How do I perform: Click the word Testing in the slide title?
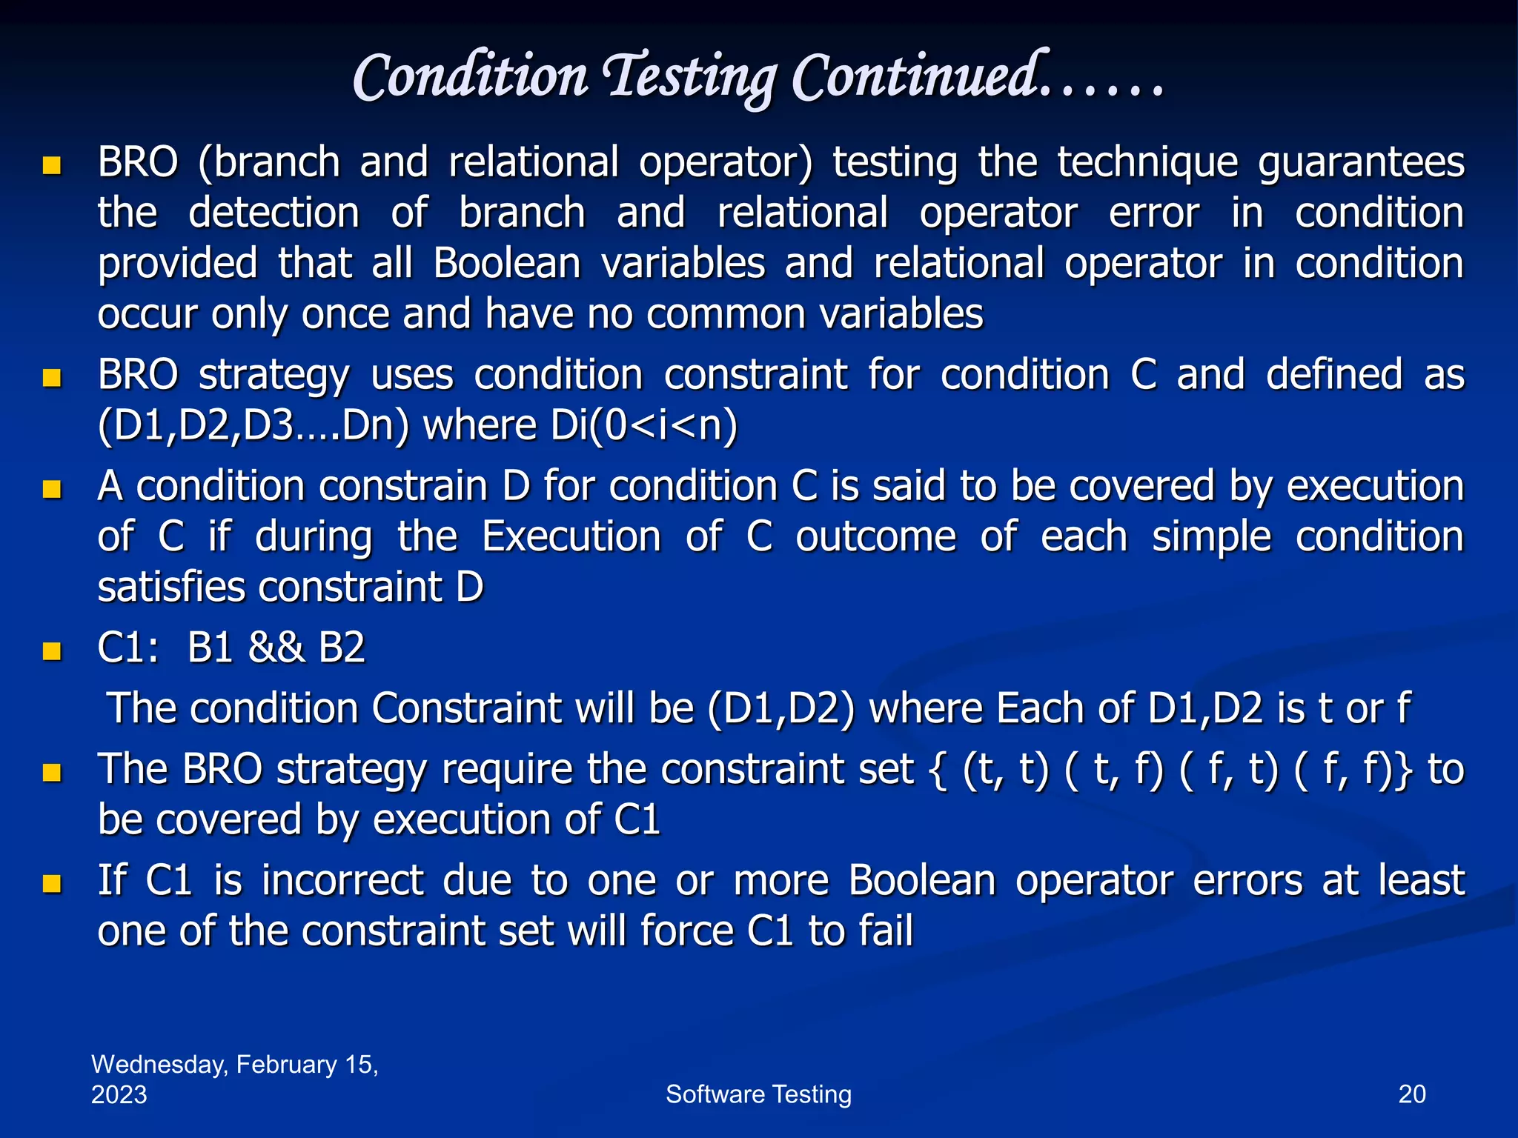click(691, 78)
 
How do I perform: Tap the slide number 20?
click(1411, 1094)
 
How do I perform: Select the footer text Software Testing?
click(758, 1094)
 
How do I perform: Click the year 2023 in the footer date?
click(119, 1095)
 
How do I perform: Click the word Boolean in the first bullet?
click(507, 264)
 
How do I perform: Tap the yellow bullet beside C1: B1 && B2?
click(52, 650)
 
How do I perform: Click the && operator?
click(276, 648)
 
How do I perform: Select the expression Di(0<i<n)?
click(643, 426)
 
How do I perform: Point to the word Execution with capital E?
click(571, 536)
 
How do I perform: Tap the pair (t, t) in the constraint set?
click(1006, 769)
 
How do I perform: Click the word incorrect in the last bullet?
click(342, 881)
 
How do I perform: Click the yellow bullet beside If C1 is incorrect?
click(52, 883)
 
